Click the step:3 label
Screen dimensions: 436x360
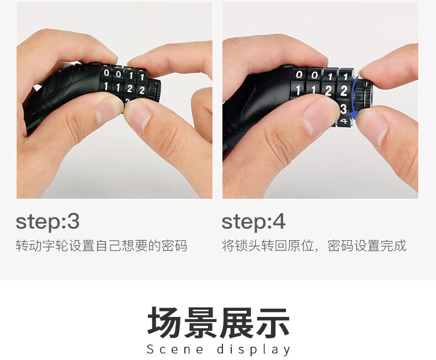click(x=47, y=222)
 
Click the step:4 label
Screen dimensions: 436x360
click(x=253, y=222)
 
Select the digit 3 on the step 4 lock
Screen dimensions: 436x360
click(x=344, y=109)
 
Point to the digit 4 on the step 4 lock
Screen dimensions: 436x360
click(x=344, y=121)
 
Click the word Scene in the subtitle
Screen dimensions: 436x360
click(x=175, y=349)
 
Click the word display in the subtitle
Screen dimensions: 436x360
click(x=253, y=350)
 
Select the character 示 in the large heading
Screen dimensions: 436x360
click(x=273, y=322)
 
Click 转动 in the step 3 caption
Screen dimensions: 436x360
click(x=29, y=245)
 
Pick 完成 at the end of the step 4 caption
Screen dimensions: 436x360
click(x=394, y=245)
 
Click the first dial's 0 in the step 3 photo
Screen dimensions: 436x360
click(x=106, y=73)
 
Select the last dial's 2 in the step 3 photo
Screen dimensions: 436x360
click(x=142, y=90)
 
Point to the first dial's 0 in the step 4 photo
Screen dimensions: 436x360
click(x=299, y=75)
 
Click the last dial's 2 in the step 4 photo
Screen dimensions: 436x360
click(x=344, y=91)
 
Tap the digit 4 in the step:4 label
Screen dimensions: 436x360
click(x=279, y=222)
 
